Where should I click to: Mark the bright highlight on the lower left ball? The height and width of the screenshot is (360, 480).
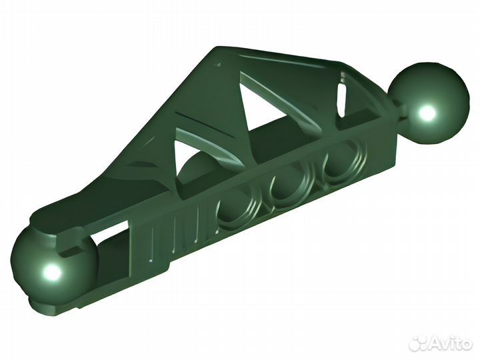[51, 273]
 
